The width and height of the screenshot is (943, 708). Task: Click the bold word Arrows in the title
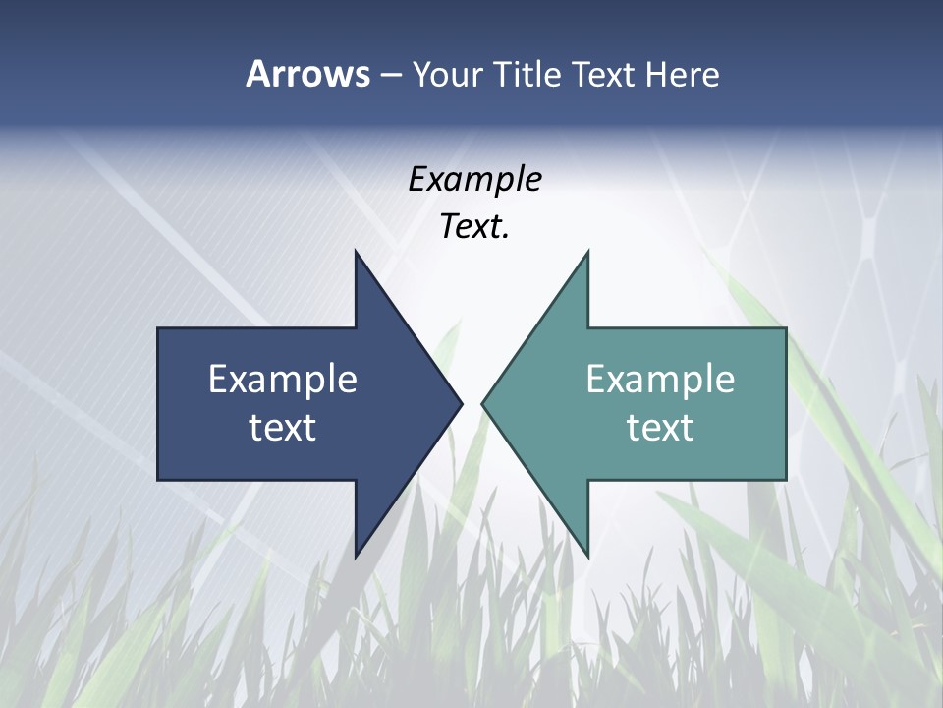click(x=306, y=75)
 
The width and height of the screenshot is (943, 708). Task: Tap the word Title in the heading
click(x=524, y=75)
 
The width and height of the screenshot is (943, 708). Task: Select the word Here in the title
click(x=683, y=75)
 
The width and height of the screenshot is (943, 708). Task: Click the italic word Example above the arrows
click(x=474, y=180)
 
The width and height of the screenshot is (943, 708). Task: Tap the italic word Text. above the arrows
click(x=474, y=227)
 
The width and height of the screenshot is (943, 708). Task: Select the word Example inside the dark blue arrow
click(x=283, y=379)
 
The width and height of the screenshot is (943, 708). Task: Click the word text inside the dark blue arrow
click(x=283, y=428)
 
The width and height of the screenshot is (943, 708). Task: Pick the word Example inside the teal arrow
click(x=660, y=379)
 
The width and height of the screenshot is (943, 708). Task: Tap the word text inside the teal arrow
click(x=660, y=428)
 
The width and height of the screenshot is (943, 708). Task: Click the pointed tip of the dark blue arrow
click(x=461, y=403)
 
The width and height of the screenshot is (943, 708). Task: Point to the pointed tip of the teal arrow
click(x=482, y=403)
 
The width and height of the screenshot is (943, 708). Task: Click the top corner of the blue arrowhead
click(x=356, y=252)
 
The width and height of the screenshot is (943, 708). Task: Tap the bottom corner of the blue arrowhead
click(x=356, y=557)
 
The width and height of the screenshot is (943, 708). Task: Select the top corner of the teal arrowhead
click(x=587, y=252)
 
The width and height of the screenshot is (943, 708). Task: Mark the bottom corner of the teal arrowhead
click(x=587, y=557)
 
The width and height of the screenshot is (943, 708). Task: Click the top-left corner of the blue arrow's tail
click(x=158, y=328)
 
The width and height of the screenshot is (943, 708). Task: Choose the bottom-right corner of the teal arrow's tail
click(x=786, y=480)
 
